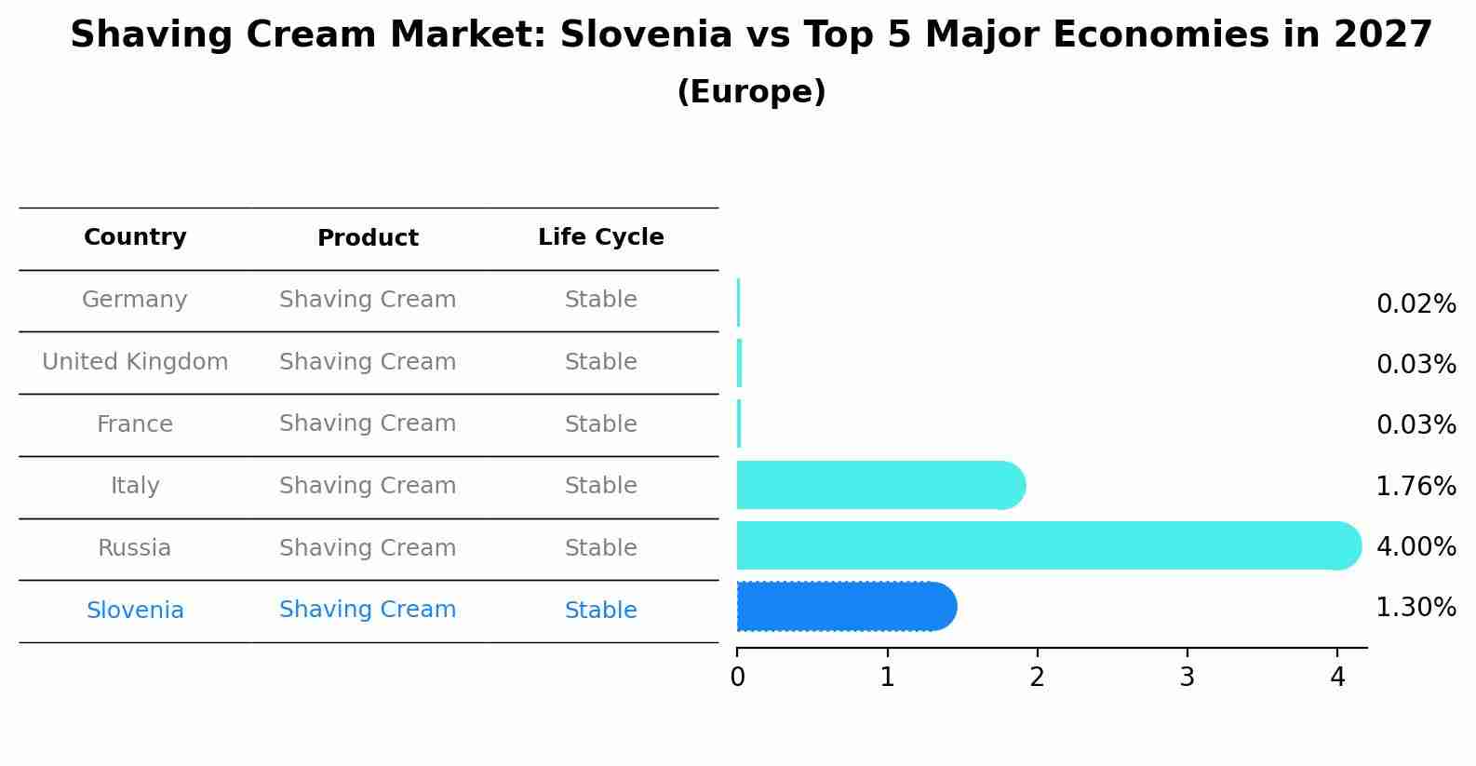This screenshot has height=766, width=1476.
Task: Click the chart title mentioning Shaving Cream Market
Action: pyautogui.click(x=751, y=35)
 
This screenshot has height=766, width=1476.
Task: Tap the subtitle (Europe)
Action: pyautogui.click(x=751, y=92)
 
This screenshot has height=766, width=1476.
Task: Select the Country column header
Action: pyautogui.click(x=135, y=237)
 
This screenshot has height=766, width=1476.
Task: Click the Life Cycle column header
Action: pyautogui.click(x=600, y=237)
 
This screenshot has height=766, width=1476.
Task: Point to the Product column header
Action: pyautogui.click(x=368, y=238)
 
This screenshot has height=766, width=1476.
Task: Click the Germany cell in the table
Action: pyautogui.click(x=135, y=300)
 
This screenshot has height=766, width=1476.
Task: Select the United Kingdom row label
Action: pyautogui.click(x=135, y=362)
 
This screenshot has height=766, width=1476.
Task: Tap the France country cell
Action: pyautogui.click(x=135, y=424)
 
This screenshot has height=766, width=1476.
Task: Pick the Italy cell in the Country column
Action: pyautogui.click(x=135, y=486)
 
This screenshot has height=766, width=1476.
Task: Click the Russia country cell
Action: pyautogui.click(x=135, y=548)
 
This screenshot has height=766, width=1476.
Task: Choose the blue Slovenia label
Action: pyautogui.click(x=135, y=611)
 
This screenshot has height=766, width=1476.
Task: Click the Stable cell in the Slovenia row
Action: pyautogui.click(x=600, y=611)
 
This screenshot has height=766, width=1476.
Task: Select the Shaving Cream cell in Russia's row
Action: pyautogui.click(x=368, y=548)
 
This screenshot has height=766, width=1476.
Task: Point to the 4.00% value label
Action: pyautogui.click(x=1416, y=546)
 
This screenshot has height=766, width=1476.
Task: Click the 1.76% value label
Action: pyautogui.click(x=1416, y=486)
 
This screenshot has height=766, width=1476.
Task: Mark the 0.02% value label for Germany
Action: pyautogui.click(x=1416, y=304)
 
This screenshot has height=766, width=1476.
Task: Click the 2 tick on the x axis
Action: pyautogui.click(x=1037, y=677)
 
